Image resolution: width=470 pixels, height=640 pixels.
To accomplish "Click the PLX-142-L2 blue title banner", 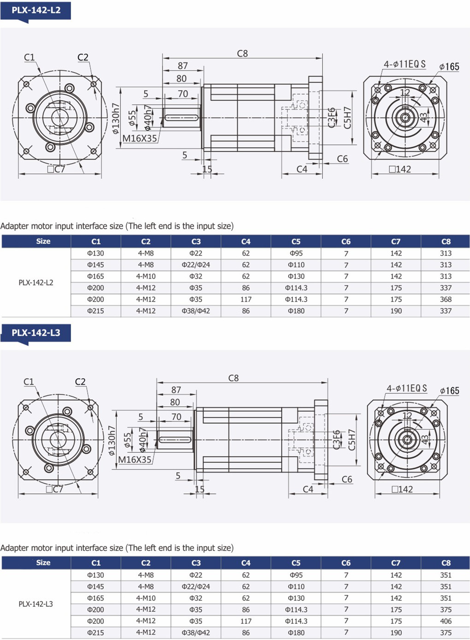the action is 36,11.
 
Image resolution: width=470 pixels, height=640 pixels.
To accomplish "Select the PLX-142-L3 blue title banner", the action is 36,333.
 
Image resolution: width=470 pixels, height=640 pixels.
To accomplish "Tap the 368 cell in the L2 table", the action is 446,299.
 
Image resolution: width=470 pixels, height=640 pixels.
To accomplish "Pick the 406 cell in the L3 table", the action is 446,621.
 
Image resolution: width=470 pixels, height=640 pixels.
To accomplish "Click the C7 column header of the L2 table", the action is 396,242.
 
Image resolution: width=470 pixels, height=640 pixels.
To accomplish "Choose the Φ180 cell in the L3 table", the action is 296,633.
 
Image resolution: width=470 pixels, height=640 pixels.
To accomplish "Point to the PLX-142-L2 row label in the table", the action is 36,283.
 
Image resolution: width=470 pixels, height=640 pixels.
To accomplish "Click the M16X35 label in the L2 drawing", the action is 139,139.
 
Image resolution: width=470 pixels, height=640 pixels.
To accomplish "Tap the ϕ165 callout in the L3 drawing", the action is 449,391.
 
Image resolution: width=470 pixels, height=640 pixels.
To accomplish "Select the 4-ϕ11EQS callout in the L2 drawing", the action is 405,64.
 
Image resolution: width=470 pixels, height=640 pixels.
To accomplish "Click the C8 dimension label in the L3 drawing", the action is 233,378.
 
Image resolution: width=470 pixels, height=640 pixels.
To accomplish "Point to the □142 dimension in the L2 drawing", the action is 400,169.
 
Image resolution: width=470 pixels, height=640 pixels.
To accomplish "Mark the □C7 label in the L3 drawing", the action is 54,489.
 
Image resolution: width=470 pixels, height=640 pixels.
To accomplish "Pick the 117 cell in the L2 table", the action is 245,299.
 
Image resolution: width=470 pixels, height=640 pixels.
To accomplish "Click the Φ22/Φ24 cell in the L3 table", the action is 196,587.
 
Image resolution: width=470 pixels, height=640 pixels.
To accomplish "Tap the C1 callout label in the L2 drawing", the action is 29,58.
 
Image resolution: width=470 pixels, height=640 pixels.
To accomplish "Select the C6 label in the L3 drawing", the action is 347,480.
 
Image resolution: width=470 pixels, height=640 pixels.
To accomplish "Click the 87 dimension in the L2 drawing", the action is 183,66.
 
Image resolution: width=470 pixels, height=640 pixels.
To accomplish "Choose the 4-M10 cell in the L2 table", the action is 146,276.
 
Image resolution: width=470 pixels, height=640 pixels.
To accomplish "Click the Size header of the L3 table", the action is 43,563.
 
